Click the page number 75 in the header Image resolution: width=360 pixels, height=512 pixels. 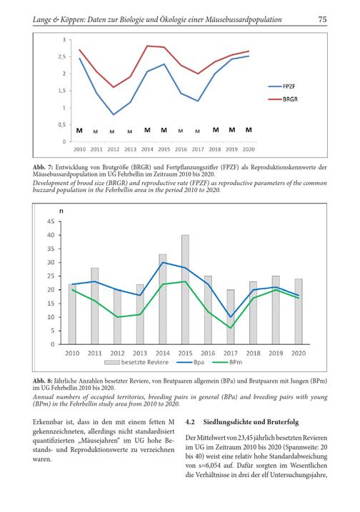pyautogui.click(x=322, y=19)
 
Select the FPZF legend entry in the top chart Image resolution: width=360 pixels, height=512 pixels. pyautogui.click(x=281, y=86)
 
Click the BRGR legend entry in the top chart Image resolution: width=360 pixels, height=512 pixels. pyautogui.click(x=283, y=99)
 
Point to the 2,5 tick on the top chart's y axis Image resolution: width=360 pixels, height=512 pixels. pyautogui.click(x=62, y=57)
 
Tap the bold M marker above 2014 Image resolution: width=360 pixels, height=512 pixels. pyautogui.click(x=147, y=130)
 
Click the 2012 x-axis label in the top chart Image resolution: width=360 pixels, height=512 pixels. pyautogui.click(x=114, y=149)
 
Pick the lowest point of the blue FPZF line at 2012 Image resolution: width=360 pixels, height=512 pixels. pyautogui.click(x=114, y=115)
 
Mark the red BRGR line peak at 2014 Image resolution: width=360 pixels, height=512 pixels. pyautogui.click(x=147, y=46)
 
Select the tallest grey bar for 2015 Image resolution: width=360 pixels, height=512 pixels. pyautogui.click(x=185, y=290)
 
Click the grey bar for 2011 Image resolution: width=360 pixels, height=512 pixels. pyautogui.click(x=95, y=306)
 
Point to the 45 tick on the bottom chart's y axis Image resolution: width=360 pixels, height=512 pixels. pyautogui.click(x=51, y=221)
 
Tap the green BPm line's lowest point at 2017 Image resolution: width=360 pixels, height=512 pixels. pyautogui.click(x=231, y=328)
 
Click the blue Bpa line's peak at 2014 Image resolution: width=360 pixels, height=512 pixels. pyautogui.click(x=163, y=262)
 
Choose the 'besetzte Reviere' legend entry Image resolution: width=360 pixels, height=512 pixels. pyautogui.click(x=136, y=362)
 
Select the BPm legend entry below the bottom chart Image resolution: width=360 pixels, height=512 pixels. pyautogui.click(x=227, y=362)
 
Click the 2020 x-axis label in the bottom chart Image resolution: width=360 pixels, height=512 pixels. pyautogui.click(x=299, y=353)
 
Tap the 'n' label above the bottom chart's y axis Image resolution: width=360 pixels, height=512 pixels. pyautogui.click(x=61, y=211)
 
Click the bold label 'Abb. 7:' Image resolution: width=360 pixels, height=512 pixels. pyautogui.click(x=42, y=167)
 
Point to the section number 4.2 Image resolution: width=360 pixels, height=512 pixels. pyautogui.click(x=190, y=422)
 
